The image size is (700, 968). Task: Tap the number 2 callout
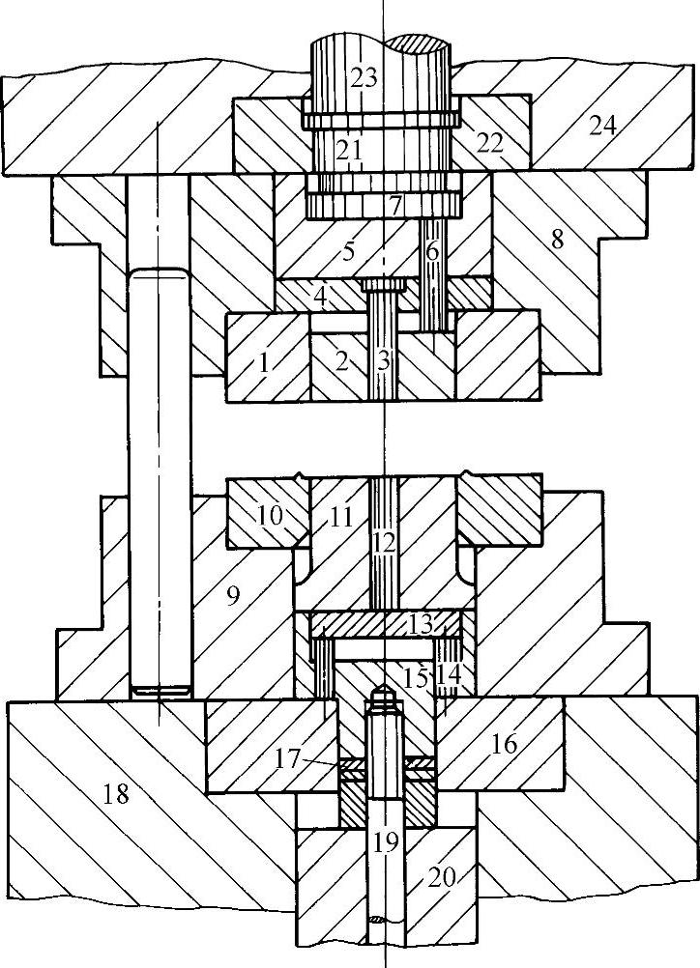pos(339,363)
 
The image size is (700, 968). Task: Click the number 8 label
pos(557,239)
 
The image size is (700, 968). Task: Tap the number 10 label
pos(272,516)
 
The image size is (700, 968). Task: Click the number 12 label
pos(384,542)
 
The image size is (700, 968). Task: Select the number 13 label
pos(420,625)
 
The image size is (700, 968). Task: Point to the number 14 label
pos(449,673)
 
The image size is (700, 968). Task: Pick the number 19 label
pos(385,841)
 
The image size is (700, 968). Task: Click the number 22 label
pos(489,142)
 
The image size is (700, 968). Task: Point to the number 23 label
pos(364,78)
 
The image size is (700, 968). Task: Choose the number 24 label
pos(604,125)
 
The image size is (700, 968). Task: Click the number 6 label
pos(432,251)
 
